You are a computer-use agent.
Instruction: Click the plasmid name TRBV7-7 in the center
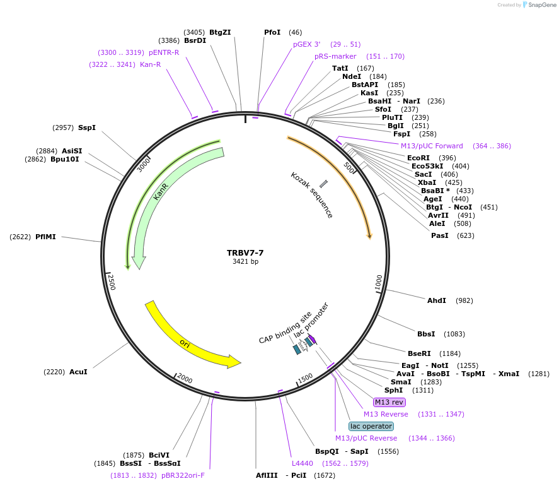tap(245, 252)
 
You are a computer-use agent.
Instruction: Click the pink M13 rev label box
tap(389, 402)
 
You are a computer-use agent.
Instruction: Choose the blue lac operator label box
tap(371, 426)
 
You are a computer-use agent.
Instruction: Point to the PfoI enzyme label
tap(272, 32)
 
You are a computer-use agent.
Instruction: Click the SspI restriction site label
tap(87, 127)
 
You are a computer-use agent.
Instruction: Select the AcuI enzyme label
tap(78, 372)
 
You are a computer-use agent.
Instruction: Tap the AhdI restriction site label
tap(437, 300)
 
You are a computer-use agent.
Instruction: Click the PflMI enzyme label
tap(45, 237)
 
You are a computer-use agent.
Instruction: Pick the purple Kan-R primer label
tap(150, 64)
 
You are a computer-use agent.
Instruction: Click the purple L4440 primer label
tap(303, 463)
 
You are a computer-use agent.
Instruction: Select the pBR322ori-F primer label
tap(183, 475)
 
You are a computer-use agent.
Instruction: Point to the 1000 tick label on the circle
tap(379, 283)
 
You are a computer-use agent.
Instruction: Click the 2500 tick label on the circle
tap(111, 282)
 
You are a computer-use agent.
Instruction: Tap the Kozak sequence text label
tap(311, 195)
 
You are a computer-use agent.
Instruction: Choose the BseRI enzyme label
tap(419, 353)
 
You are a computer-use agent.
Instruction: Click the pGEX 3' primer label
tap(306, 44)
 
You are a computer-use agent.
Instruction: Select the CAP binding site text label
tap(285, 328)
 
